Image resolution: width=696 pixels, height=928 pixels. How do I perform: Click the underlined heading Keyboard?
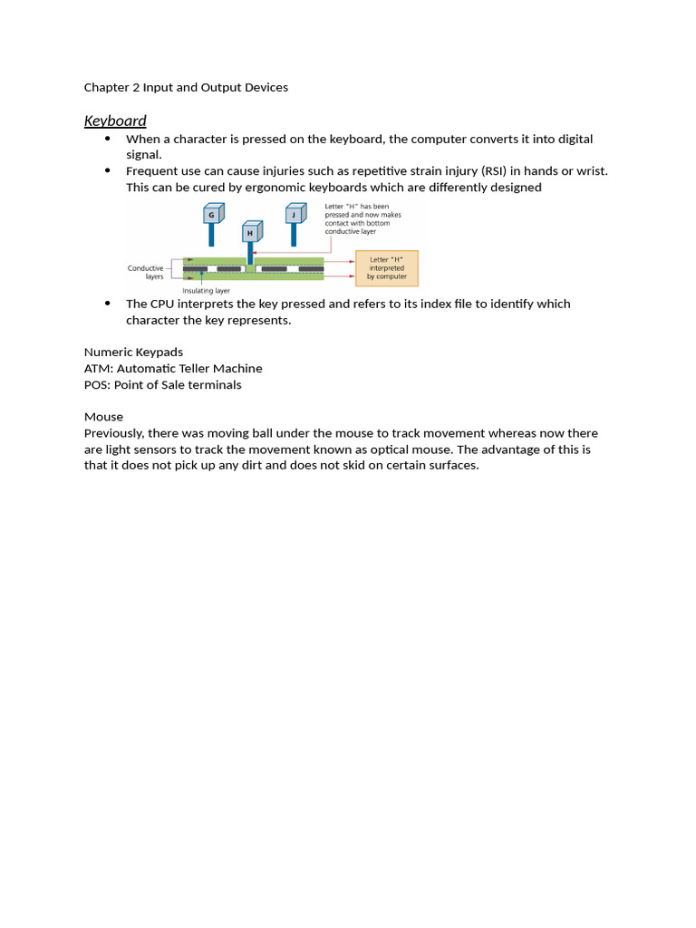click(x=115, y=121)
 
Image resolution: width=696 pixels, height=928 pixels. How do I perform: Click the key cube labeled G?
click(x=211, y=215)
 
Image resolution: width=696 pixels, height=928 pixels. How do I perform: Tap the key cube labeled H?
click(x=250, y=233)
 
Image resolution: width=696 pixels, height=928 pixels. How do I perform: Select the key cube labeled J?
click(x=294, y=215)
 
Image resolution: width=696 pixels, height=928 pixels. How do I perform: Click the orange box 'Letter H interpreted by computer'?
click(x=386, y=268)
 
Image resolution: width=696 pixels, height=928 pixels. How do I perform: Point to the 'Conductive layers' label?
click(x=145, y=273)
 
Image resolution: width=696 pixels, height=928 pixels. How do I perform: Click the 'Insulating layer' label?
click(x=206, y=291)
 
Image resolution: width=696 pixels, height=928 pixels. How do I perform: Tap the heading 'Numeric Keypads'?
click(x=133, y=352)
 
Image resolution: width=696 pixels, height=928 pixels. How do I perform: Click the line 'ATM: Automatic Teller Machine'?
click(x=173, y=368)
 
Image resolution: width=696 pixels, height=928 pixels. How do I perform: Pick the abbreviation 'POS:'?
click(x=97, y=384)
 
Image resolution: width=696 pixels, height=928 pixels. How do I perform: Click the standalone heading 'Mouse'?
click(x=103, y=417)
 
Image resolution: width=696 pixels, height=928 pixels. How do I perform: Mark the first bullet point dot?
click(x=107, y=138)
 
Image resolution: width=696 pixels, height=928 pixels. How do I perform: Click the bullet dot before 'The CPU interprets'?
click(x=107, y=303)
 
